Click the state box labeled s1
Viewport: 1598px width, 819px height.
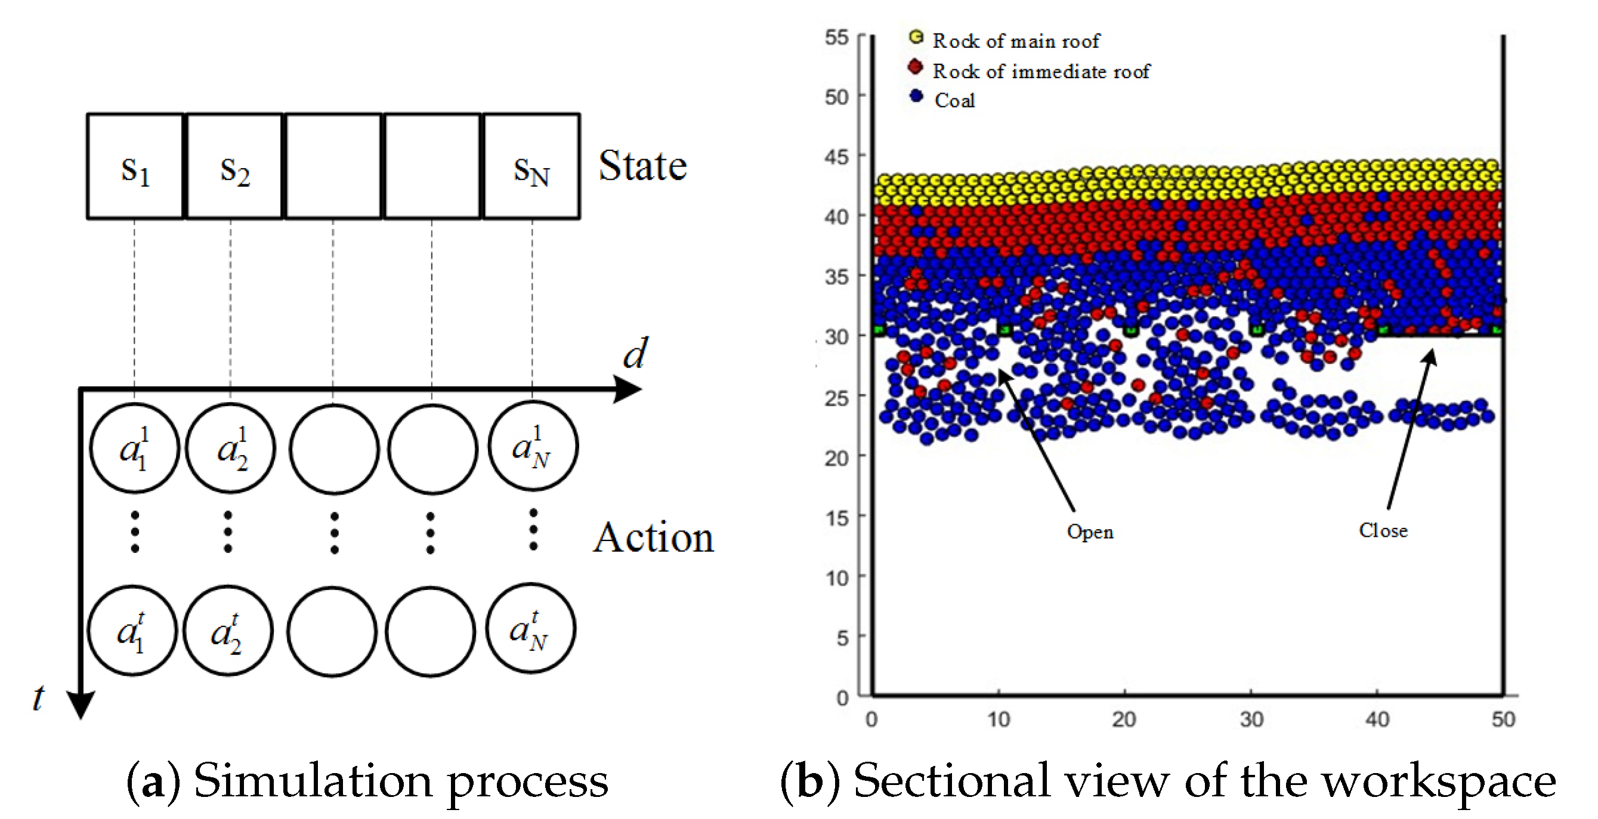click(x=135, y=166)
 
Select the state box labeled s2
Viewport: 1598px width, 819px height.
click(x=234, y=166)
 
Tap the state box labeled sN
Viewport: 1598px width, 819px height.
click(x=531, y=166)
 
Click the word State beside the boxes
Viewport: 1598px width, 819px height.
click(x=642, y=166)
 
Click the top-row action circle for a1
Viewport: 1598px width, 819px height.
click(x=135, y=448)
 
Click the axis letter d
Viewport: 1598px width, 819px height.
click(x=635, y=354)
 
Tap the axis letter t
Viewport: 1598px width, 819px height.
click(x=38, y=697)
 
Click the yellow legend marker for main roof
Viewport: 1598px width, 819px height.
click(x=916, y=37)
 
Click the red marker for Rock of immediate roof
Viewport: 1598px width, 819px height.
click(x=915, y=66)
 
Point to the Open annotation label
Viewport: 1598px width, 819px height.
click(x=1090, y=531)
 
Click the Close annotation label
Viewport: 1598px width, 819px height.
click(x=1383, y=530)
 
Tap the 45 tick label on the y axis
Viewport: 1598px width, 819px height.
click(x=836, y=156)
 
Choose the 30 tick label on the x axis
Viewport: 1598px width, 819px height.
click(x=1251, y=719)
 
